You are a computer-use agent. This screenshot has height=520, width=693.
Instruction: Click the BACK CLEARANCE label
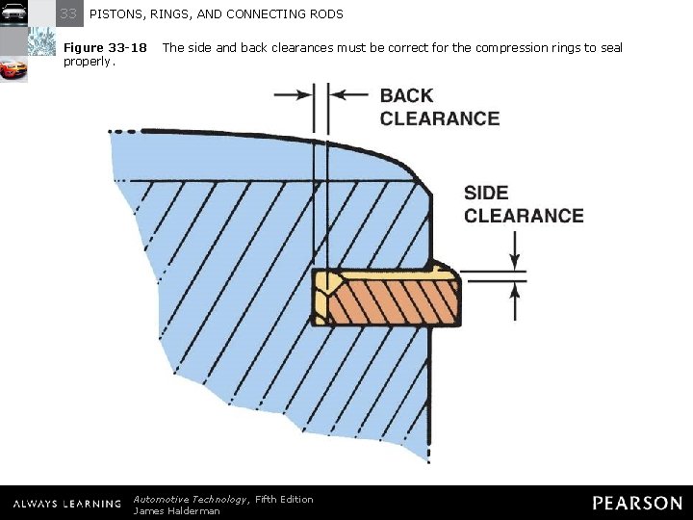(439, 107)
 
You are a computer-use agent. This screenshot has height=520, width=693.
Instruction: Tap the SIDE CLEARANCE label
(523, 204)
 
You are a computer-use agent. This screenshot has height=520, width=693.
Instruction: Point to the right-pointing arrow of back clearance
(293, 94)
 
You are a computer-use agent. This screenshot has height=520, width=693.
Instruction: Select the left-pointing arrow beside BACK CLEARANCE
(348, 94)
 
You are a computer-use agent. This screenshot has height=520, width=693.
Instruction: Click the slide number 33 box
(68, 13)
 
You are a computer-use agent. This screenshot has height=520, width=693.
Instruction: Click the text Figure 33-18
(105, 47)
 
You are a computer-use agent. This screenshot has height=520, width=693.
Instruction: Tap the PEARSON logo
(637, 503)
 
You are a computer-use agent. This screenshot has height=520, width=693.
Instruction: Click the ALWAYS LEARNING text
(66, 504)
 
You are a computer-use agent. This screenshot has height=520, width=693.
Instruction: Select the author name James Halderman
(176, 510)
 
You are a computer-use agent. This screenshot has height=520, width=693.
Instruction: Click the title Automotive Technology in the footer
(191, 499)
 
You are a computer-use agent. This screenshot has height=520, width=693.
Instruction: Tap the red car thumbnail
(13, 69)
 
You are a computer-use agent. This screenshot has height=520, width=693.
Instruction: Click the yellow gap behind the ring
(321, 297)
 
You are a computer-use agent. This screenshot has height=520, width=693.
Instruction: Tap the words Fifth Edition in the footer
(284, 499)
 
